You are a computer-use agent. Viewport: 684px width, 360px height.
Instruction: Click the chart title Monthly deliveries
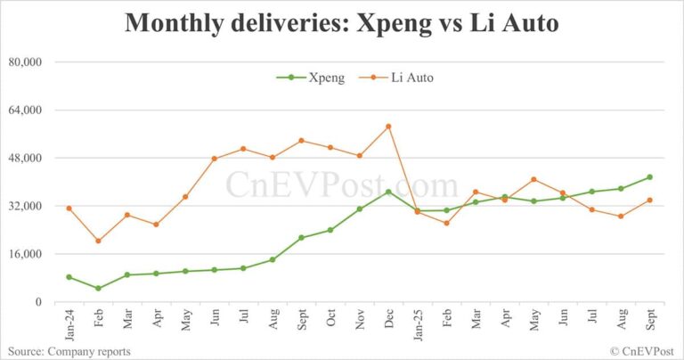click(x=342, y=23)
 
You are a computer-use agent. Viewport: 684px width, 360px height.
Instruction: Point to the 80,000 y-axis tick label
click(x=26, y=62)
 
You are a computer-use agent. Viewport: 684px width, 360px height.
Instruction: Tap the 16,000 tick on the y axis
click(x=26, y=254)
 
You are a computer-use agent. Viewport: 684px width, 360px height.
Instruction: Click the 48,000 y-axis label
click(x=26, y=159)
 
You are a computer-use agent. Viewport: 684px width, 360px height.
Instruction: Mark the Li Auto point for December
click(x=388, y=127)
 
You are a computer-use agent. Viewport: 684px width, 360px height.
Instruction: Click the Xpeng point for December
click(x=388, y=192)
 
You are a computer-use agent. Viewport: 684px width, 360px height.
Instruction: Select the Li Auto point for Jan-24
click(x=69, y=209)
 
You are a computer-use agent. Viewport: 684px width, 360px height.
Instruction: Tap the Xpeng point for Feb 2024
click(x=98, y=289)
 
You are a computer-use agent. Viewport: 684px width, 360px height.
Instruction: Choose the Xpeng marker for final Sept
click(x=649, y=177)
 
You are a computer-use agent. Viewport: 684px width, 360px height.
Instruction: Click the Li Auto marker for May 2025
click(x=533, y=179)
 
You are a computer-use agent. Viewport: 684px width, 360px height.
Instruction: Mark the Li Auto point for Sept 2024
click(x=301, y=141)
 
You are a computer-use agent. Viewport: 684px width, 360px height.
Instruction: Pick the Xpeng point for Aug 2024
click(x=272, y=260)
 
